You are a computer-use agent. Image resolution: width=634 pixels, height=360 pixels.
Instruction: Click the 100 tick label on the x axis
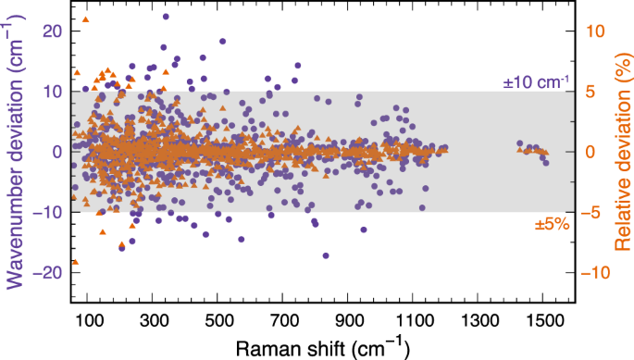coord(90,319)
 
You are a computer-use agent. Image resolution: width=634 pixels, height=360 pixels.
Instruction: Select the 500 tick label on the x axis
coord(219,319)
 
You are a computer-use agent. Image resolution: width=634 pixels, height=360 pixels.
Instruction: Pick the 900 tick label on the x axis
coord(349,319)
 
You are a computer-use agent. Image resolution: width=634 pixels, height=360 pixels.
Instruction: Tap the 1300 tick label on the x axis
coord(479,319)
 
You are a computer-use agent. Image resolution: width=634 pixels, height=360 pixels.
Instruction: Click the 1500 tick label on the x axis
coord(543,319)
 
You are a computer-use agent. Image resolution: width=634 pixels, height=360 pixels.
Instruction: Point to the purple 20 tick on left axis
coord(53,31)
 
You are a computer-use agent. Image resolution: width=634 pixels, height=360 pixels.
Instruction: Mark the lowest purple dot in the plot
coord(326,255)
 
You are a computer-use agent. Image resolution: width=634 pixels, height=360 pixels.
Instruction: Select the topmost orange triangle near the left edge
coord(86,19)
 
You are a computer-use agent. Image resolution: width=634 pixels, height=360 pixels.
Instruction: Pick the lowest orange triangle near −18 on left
coord(75,262)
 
